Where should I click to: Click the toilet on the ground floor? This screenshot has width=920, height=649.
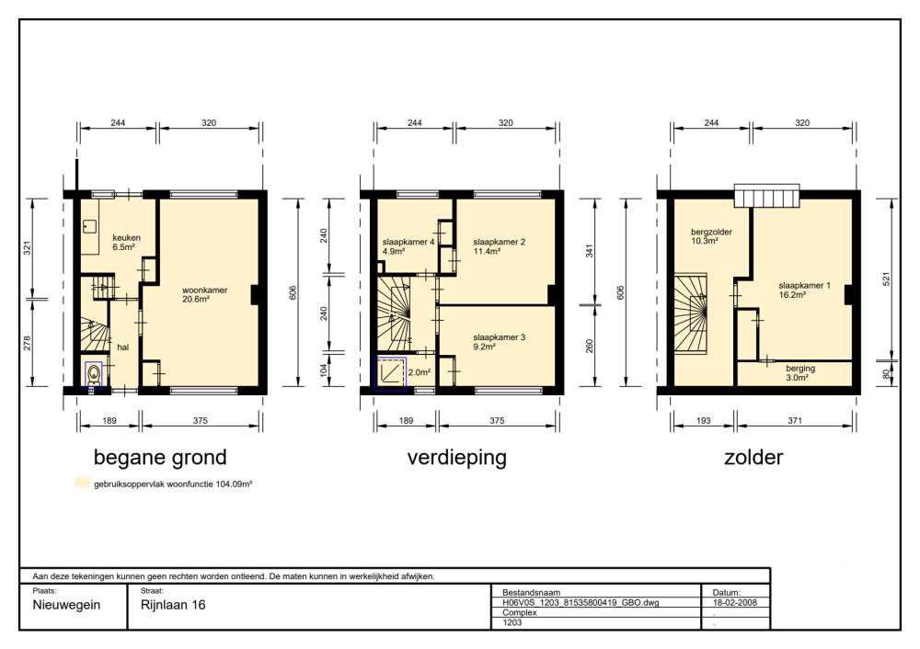pos(93,374)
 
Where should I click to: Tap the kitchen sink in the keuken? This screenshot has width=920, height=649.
pos(89,225)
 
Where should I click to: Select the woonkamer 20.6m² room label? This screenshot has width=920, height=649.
pos(204,294)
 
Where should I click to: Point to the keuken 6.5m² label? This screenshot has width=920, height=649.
pos(126,242)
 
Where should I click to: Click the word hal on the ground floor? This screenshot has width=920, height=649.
pos(122,347)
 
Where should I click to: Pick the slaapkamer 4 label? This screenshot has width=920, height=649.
pos(408,242)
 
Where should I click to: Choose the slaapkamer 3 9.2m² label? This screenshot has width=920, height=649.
pos(499,342)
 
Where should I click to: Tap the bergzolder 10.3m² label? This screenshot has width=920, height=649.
pos(711,236)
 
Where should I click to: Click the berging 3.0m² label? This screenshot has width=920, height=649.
pos(800,373)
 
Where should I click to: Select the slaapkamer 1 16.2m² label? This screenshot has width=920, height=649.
pos(804,290)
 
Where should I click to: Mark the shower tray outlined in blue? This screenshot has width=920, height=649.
pos(391,373)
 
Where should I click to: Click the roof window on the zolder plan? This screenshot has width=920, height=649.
pos(767,195)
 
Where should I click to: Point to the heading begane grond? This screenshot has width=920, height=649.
pos(160,457)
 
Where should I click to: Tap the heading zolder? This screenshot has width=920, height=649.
pos(753,457)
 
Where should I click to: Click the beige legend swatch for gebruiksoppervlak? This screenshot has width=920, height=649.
pos(82,484)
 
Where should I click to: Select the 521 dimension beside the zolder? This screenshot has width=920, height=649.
pos(886,279)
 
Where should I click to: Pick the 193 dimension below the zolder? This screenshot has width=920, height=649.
pos(703,420)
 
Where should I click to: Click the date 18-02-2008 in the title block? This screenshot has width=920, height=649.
pos(734,603)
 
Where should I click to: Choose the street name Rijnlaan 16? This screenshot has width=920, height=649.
pos(173,605)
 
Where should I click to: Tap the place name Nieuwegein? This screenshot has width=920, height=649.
pos(66,605)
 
